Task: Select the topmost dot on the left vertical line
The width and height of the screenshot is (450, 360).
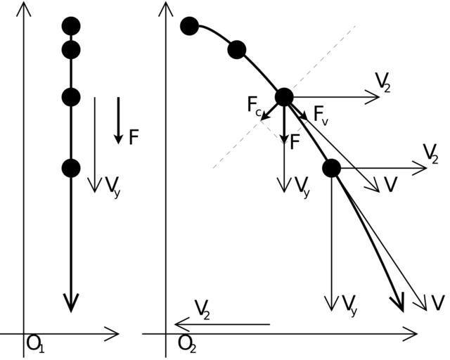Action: pos(70,26)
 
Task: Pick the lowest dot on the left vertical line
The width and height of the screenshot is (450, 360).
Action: pos(70,168)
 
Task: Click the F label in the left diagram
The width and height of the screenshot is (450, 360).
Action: pos(134,137)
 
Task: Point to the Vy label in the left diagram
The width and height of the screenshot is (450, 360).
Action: pos(112,186)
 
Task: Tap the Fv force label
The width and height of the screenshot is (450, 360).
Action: pos(321,114)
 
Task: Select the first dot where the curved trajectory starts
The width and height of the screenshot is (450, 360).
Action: pos(189,26)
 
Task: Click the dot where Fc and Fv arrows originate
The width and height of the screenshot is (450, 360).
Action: pos(284,97)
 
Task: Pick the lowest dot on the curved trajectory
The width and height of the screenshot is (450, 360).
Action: pos(331,168)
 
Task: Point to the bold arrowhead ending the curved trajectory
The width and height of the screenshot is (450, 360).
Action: pos(399,304)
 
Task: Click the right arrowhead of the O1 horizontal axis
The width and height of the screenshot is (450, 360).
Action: pos(114,333)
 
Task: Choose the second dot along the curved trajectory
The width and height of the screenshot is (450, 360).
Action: pos(237,50)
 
